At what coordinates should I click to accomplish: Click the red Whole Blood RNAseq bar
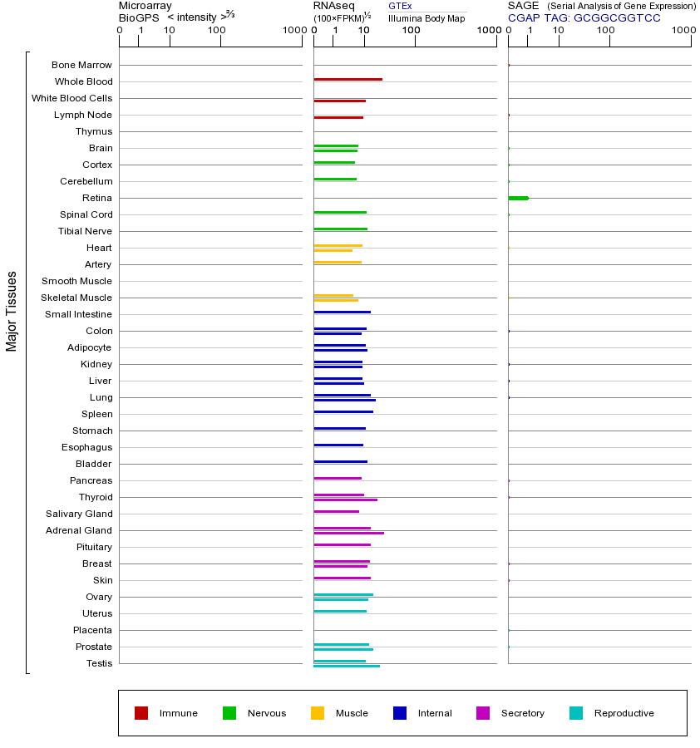[x=348, y=80]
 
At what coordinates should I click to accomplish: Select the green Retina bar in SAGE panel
[x=518, y=198]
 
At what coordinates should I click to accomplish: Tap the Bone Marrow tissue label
[x=81, y=65]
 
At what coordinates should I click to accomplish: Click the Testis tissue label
[x=99, y=663]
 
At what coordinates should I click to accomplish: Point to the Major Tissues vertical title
[x=12, y=311]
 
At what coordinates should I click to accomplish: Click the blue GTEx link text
[x=400, y=6]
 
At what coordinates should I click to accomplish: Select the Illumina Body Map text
[x=426, y=18]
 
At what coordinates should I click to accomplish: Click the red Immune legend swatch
[x=141, y=713]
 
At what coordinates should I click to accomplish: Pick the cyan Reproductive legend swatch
[x=576, y=713]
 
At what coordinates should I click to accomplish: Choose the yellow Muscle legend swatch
[x=318, y=713]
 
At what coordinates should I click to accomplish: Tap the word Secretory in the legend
[x=522, y=713]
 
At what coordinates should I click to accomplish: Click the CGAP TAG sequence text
[x=584, y=17]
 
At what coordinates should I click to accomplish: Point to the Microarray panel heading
[x=145, y=6]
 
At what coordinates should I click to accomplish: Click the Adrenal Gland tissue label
[x=79, y=530]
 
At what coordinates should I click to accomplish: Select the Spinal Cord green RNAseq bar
[x=340, y=213]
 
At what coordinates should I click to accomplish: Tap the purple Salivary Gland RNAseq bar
[x=336, y=512]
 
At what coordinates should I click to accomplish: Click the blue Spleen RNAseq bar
[x=343, y=412]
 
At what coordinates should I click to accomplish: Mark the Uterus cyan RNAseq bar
[x=340, y=612]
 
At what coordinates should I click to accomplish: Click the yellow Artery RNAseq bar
[x=338, y=263]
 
